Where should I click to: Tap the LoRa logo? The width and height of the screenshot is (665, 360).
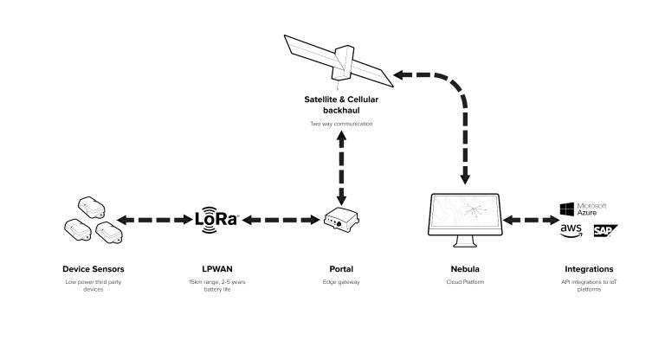(x=217, y=220)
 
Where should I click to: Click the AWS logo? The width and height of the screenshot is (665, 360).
(x=571, y=230)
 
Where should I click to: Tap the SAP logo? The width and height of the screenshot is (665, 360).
(x=604, y=230)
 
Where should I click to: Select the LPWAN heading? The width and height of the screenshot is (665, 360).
(x=217, y=269)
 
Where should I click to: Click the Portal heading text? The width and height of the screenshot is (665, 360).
(x=341, y=269)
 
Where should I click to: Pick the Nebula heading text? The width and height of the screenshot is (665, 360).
(x=466, y=269)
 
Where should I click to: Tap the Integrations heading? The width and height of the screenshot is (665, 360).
(x=588, y=269)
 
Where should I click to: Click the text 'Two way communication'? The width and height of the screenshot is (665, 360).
(x=341, y=124)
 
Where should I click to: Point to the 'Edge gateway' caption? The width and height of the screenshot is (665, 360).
(x=341, y=282)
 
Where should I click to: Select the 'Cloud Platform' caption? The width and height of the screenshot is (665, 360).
(x=466, y=282)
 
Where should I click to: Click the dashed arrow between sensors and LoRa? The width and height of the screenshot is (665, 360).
(x=154, y=221)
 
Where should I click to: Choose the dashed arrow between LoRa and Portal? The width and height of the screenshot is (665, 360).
(x=281, y=221)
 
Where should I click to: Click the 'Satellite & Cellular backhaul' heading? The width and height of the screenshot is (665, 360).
(x=341, y=106)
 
